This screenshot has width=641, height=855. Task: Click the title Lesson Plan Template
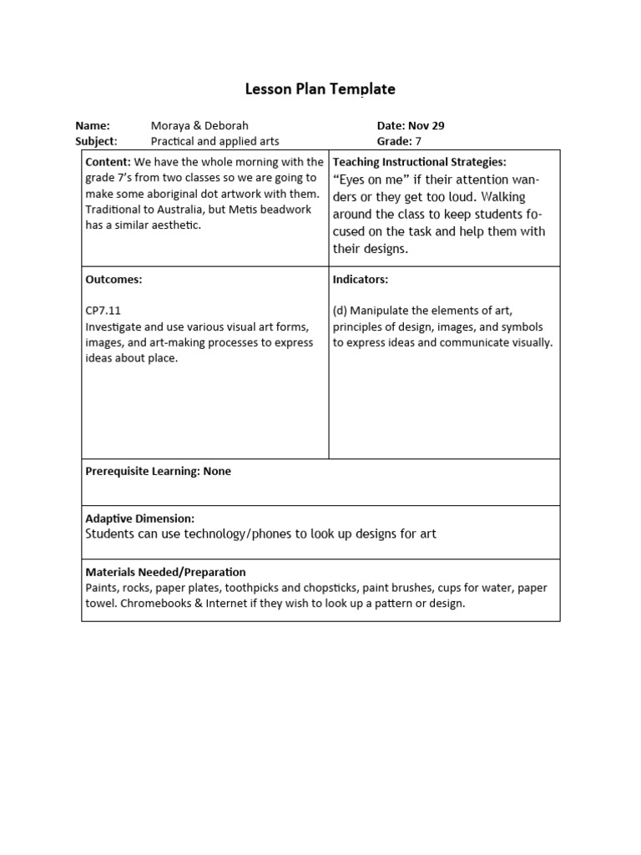(320, 89)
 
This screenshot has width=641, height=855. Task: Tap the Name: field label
(93, 125)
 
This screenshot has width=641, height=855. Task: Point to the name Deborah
(226, 125)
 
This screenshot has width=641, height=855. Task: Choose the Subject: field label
(96, 141)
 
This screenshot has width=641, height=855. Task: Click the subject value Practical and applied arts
(215, 141)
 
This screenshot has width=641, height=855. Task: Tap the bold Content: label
(108, 161)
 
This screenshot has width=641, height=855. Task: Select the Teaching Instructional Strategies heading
(419, 161)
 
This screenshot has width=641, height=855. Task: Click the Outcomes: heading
(114, 279)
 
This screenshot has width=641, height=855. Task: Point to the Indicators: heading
(361, 279)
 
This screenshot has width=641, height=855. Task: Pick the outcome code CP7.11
(103, 311)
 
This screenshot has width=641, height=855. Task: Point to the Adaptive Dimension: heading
(139, 519)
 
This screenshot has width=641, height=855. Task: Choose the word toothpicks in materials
(232, 588)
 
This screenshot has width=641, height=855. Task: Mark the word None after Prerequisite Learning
(216, 471)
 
